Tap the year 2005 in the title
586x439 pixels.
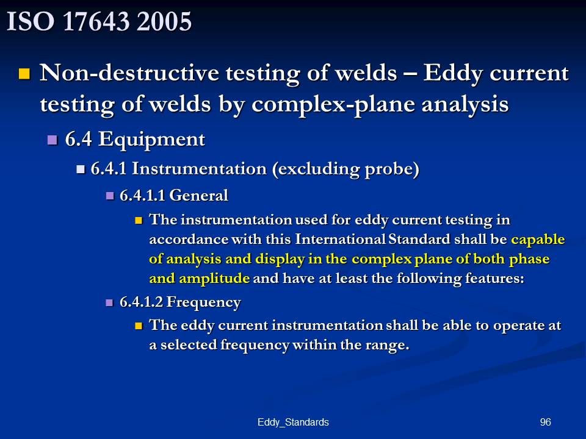pos(164,21)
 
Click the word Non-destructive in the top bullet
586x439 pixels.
pos(129,73)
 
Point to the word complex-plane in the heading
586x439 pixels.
pos(333,104)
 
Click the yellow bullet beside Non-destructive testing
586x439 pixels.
pos(24,74)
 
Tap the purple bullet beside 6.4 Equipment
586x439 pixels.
pos(52,140)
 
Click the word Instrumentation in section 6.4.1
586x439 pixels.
pos(199,168)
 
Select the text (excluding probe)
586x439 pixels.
pos(345,169)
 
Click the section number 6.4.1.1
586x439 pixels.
pos(142,195)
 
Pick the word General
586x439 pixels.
pos(199,195)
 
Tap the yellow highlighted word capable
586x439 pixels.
pos(538,239)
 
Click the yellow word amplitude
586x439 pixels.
pos(214,279)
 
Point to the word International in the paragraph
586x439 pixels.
pos(340,239)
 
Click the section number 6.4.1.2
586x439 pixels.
pos(141,302)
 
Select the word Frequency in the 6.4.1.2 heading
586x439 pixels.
pos(204,302)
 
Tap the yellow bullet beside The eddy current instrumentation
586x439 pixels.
pos(139,326)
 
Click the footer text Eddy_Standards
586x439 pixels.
pos(293,422)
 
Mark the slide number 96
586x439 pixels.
pos(545,422)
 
